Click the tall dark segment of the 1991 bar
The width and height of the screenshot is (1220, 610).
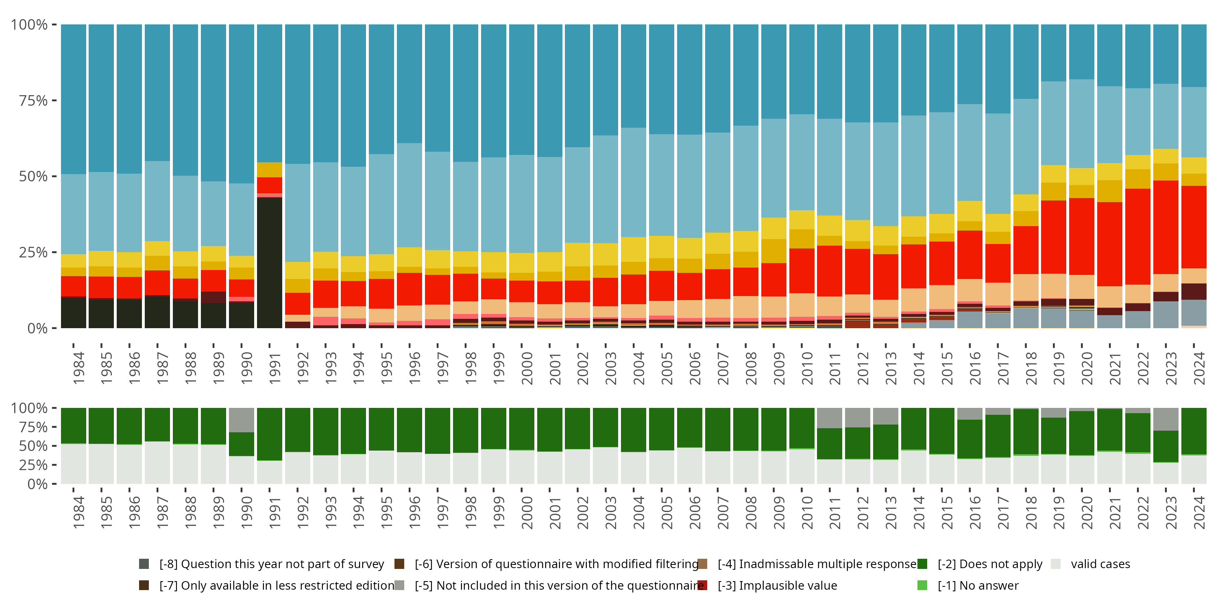(270, 263)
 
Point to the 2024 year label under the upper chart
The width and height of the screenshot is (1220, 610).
(1199, 368)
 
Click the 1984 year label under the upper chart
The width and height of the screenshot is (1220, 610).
(78, 368)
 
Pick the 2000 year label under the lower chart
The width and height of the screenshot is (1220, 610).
(527, 512)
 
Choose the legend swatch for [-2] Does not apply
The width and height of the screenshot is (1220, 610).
(922, 564)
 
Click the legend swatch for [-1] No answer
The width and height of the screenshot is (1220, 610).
(922, 585)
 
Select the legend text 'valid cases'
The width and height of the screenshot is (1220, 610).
(1100, 564)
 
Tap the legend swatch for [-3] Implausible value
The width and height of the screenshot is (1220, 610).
(702, 585)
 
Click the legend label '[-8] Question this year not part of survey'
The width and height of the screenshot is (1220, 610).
(271, 564)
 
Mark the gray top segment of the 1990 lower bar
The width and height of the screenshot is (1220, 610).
(242, 420)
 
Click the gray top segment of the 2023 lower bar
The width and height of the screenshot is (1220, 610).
(1166, 419)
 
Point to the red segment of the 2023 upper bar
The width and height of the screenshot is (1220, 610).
(1166, 227)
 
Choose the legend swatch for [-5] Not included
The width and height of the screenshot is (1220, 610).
(399, 585)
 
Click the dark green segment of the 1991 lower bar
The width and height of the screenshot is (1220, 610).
(270, 434)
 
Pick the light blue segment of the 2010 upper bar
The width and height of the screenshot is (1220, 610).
(802, 162)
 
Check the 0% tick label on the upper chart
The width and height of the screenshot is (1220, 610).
(37, 328)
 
